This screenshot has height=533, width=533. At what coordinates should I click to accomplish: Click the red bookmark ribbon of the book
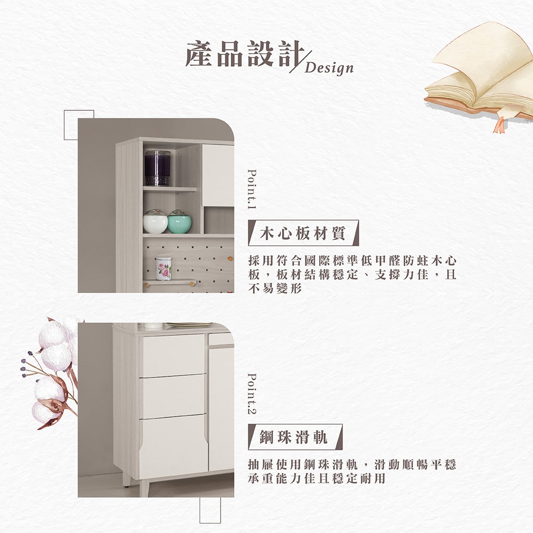click(500, 125)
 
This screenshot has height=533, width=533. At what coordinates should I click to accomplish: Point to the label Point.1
click(252, 189)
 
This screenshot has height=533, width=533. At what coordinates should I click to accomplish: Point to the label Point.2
click(252, 394)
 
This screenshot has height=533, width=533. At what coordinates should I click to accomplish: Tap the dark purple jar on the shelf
click(157, 168)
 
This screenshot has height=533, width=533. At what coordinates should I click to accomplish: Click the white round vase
click(155, 222)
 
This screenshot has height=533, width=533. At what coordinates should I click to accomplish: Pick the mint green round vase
click(180, 222)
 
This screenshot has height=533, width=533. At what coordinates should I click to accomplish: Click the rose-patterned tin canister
click(164, 269)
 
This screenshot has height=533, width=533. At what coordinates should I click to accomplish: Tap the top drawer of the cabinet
click(173, 355)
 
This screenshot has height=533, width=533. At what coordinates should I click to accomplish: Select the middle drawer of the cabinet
click(173, 397)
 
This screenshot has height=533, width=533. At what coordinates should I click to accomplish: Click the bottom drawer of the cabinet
click(173, 445)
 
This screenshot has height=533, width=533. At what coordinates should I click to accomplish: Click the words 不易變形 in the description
click(275, 289)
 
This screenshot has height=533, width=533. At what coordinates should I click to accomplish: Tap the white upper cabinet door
click(218, 175)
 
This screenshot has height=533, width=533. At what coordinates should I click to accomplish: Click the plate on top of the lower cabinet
click(189, 325)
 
